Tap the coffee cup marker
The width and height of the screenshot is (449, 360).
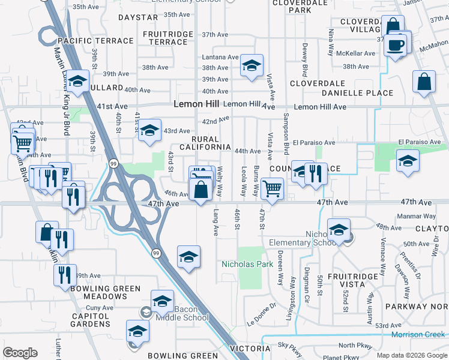point(396,46)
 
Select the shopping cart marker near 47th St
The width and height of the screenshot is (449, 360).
point(273,189)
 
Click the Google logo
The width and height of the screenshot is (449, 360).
point(20,353)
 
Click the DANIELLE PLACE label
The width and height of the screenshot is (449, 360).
point(357,93)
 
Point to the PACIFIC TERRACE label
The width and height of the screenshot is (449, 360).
point(95,41)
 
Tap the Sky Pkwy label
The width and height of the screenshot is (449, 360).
point(291,346)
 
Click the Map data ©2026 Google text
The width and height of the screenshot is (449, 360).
point(411,355)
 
